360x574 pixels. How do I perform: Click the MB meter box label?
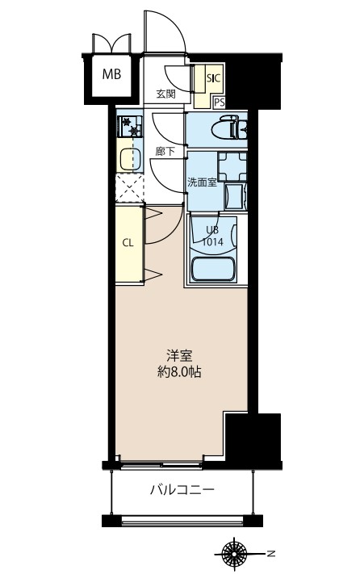(111, 75)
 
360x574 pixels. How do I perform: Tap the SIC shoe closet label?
(213, 78)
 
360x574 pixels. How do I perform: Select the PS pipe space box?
(219, 102)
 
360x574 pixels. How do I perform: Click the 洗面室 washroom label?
(201, 182)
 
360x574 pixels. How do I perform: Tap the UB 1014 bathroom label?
(212, 236)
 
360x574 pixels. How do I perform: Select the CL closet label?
(128, 242)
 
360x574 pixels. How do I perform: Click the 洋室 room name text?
(179, 355)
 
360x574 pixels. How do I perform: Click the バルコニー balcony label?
(182, 489)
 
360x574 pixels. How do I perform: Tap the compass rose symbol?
(236, 554)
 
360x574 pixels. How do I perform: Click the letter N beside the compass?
(271, 554)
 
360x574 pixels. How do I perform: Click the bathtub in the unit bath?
(214, 268)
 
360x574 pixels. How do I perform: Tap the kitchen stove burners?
(128, 126)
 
